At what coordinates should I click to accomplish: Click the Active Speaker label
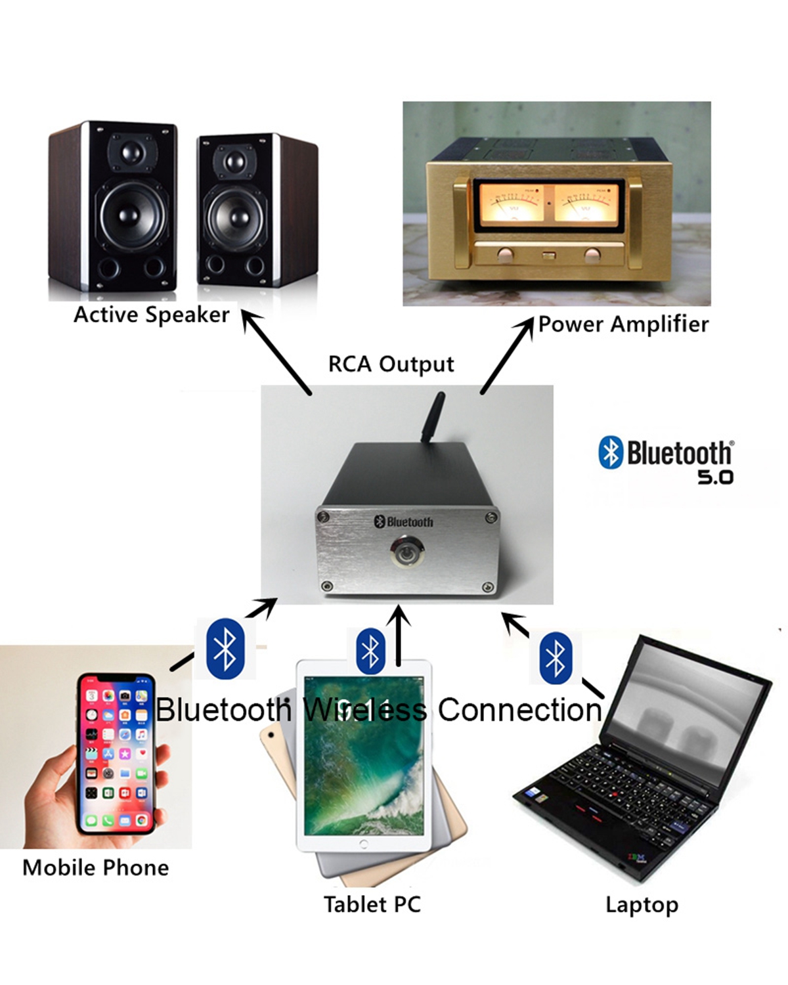click(x=151, y=315)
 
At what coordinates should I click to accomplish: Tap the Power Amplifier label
click(x=623, y=324)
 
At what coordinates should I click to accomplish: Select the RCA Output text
click(x=391, y=364)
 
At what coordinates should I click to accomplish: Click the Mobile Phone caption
click(x=96, y=867)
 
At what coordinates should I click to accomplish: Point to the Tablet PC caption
click(x=372, y=904)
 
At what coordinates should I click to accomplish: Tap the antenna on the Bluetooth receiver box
click(x=433, y=418)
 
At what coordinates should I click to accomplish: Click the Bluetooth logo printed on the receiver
click(x=404, y=521)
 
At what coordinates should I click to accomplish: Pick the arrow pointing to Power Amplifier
click(x=507, y=355)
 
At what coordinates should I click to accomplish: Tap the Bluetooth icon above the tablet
click(x=371, y=651)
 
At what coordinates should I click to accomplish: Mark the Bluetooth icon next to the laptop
click(x=556, y=657)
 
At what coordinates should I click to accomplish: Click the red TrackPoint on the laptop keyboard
click(x=613, y=794)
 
